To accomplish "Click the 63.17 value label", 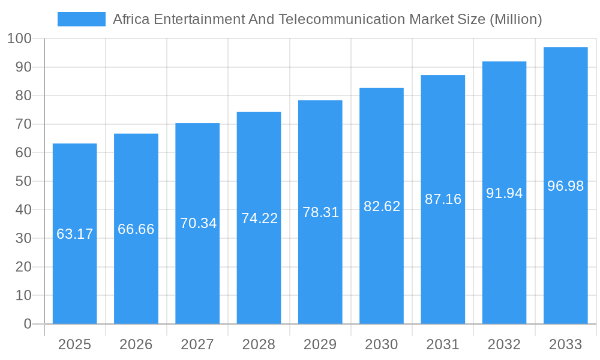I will point(75,234).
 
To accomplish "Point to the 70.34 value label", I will point(198,223).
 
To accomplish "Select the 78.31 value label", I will point(320,212).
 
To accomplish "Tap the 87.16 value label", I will point(443,199).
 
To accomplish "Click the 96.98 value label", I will point(565,186).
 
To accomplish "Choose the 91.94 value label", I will point(504,193).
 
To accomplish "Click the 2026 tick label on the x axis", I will point(136,344).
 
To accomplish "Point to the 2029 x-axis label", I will point(320,344).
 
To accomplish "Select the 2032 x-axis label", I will point(504,344).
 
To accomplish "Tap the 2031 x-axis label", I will point(443,344).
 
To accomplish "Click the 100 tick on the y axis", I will point(19,39).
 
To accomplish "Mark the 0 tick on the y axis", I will point(27,324).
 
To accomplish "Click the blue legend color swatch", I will point(81,19).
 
